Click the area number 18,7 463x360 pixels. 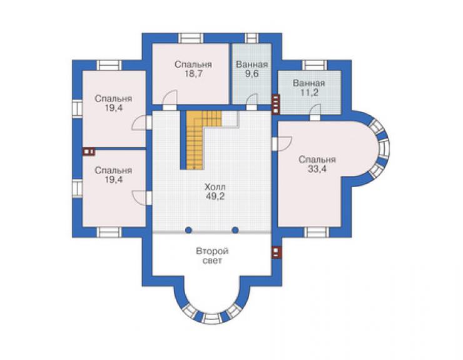tap(193, 74)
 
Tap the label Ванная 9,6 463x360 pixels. tap(252, 69)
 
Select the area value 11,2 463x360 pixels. tap(309, 93)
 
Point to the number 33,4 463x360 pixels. tap(317, 169)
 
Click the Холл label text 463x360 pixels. tap(215, 187)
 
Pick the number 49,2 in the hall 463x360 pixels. tap(215, 196)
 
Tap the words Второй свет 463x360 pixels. tap(213, 256)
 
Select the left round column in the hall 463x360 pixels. tap(188, 230)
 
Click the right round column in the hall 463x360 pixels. tap(235, 230)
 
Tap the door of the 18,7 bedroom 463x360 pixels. tap(170, 100)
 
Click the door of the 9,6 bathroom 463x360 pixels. tap(252, 102)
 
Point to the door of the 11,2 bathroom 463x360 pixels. tap(315, 112)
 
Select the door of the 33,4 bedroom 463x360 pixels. tap(282, 144)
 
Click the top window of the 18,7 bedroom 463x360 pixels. tap(191, 38)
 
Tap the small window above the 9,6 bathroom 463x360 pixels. tap(252, 38)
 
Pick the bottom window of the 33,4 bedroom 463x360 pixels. tap(316, 232)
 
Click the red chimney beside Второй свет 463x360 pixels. tap(276, 252)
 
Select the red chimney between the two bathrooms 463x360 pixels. tap(275, 104)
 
